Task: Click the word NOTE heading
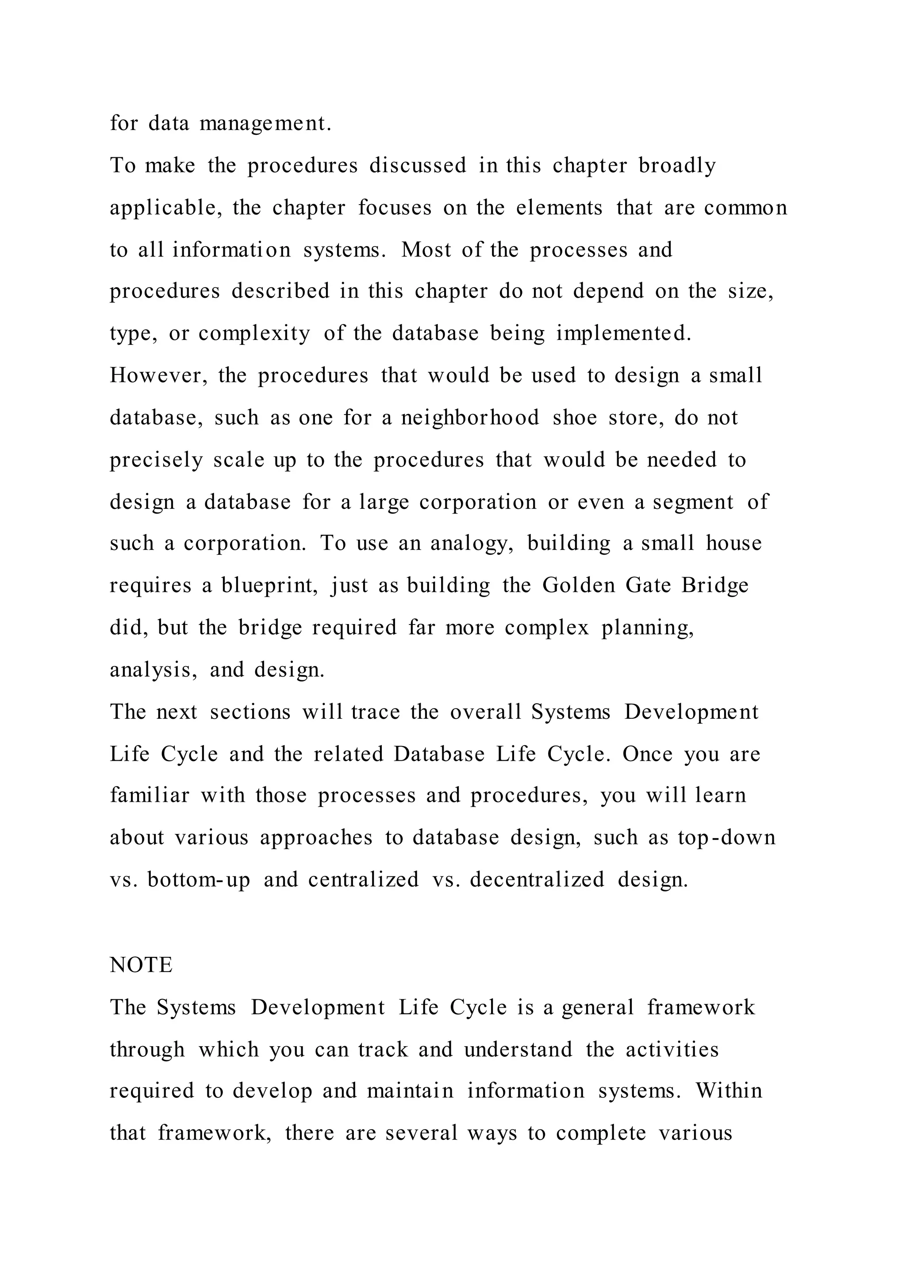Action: coord(141,965)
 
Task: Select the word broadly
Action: coord(677,166)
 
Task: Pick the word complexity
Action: coord(254,333)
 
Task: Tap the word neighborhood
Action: coord(470,418)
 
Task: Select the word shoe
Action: coord(575,418)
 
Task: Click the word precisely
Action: coord(156,460)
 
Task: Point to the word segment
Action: coord(693,502)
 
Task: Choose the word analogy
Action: coord(472,544)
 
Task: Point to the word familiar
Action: coord(150,795)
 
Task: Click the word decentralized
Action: coord(537,880)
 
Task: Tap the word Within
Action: coord(729,1090)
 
